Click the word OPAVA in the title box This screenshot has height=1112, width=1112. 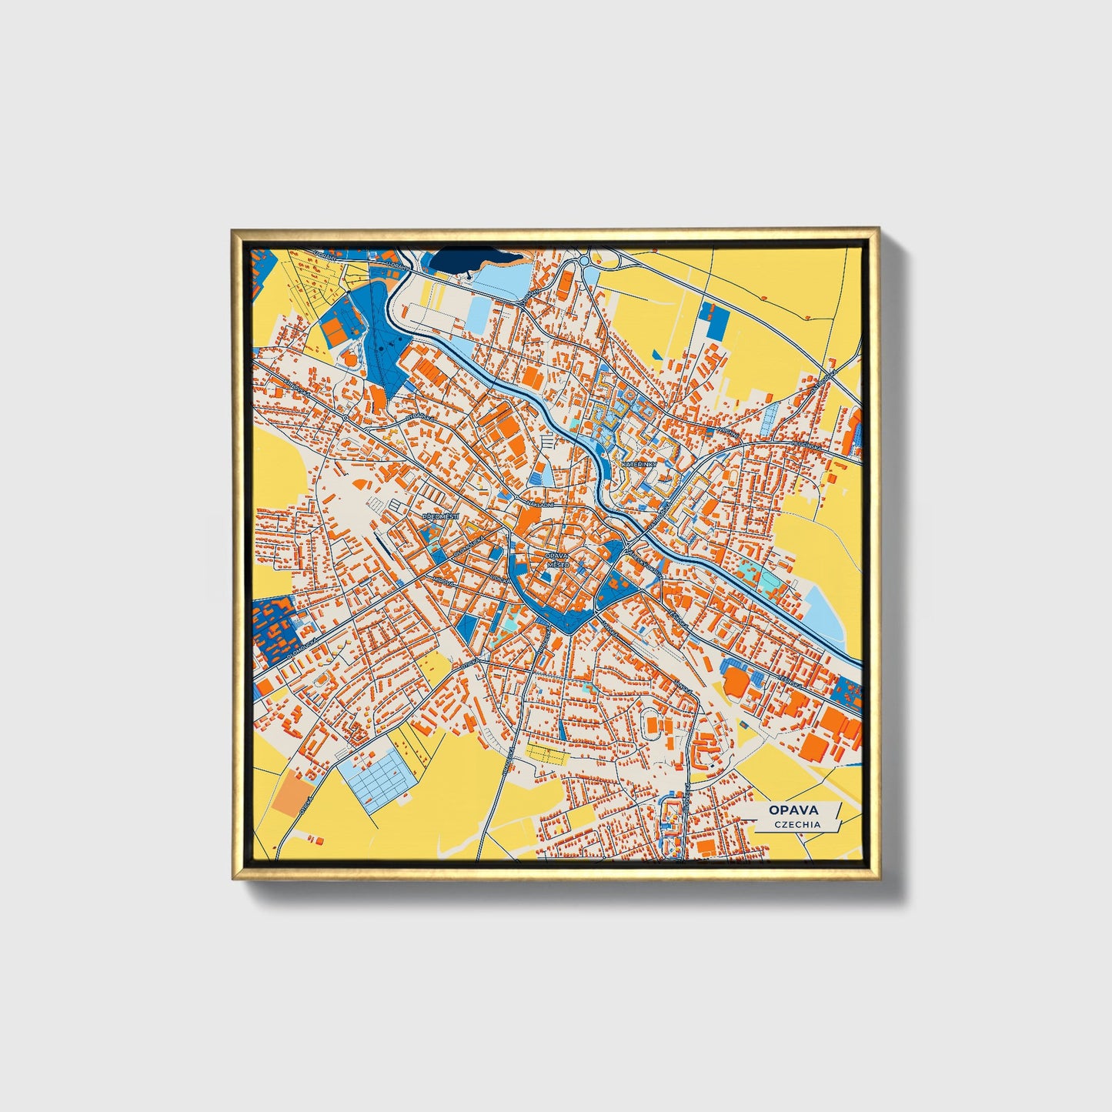(x=793, y=810)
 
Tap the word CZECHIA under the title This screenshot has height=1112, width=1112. (x=797, y=824)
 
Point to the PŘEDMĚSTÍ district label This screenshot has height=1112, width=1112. (x=439, y=516)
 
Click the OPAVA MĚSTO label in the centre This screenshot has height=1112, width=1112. (x=556, y=559)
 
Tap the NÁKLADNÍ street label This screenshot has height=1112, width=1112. (x=539, y=504)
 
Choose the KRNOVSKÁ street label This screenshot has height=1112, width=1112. (x=296, y=382)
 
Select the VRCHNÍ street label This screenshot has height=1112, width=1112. (x=727, y=435)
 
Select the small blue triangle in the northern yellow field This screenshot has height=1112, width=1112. (x=656, y=354)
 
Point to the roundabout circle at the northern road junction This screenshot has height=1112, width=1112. (x=585, y=261)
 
